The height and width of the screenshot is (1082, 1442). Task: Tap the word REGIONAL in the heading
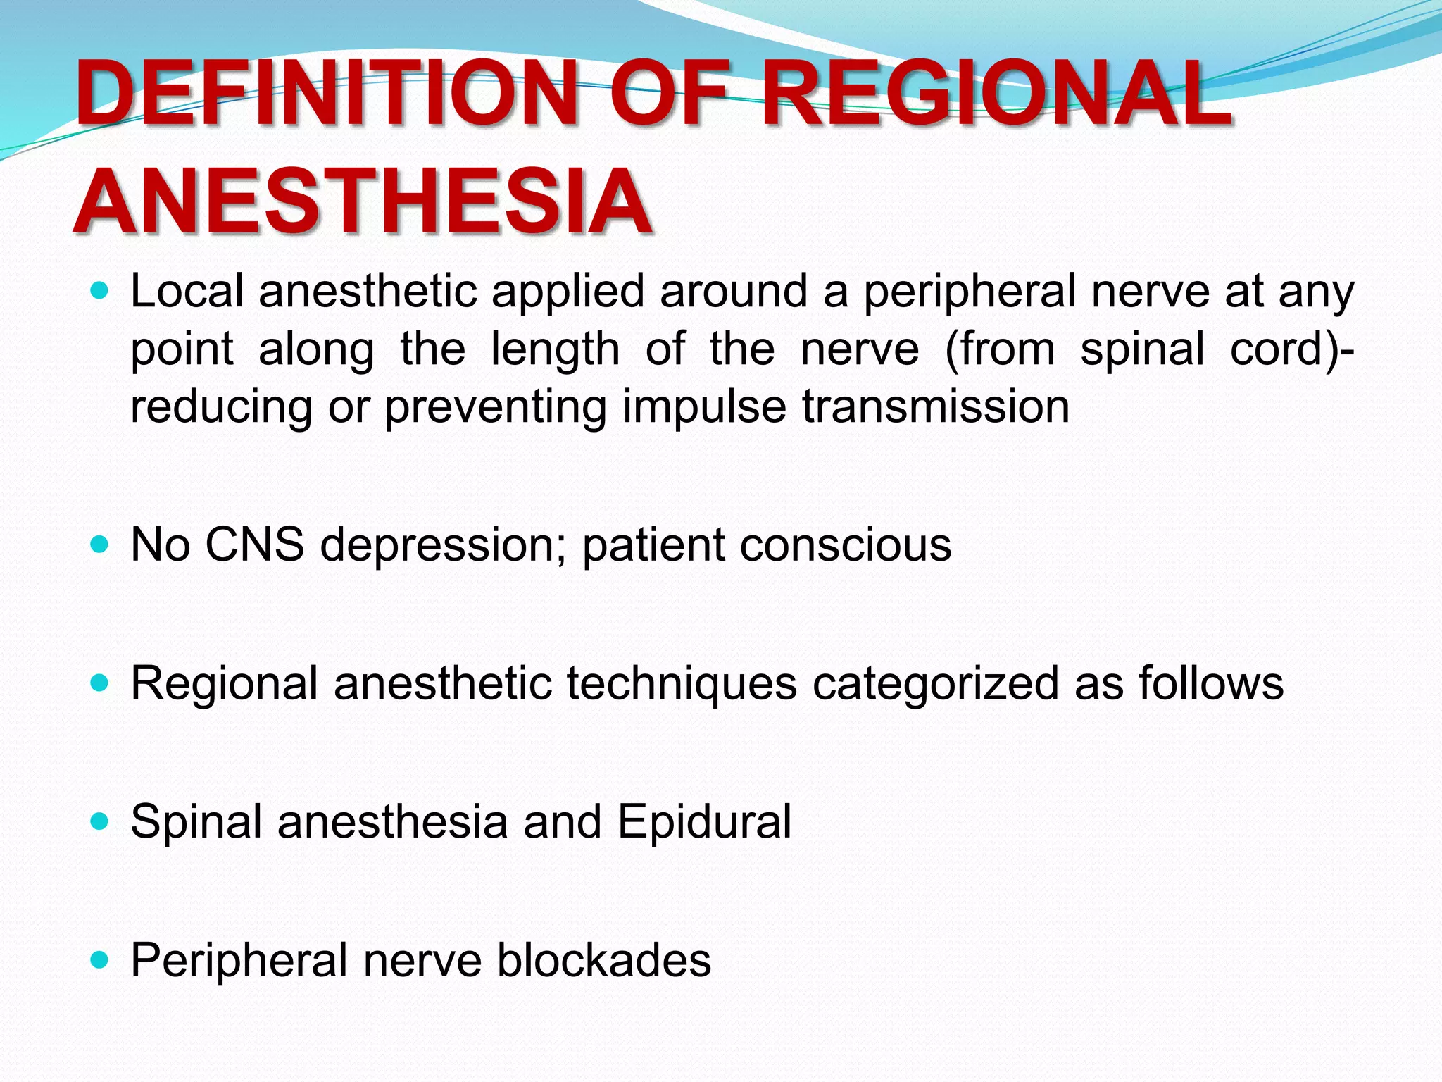[x=996, y=95]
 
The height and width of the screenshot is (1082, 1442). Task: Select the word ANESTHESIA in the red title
[x=363, y=203]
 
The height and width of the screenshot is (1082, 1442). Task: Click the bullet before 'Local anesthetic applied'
[x=100, y=290]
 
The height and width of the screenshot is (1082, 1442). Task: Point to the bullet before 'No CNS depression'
[x=100, y=544]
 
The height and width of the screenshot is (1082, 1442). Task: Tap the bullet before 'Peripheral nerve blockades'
[x=100, y=959]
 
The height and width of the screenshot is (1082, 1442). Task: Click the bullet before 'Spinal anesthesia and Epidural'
[x=100, y=821]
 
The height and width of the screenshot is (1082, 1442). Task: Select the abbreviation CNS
[x=254, y=545]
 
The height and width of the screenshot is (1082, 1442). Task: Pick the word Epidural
[x=704, y=822]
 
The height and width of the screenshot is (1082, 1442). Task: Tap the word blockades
[x=604, y=960]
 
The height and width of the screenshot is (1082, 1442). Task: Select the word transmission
[x=936, y=406]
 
